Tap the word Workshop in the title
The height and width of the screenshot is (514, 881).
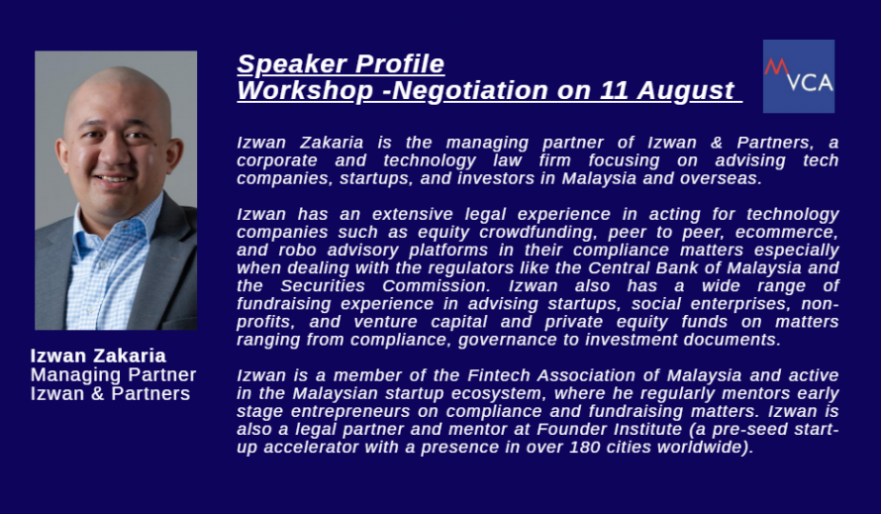coord(305,90)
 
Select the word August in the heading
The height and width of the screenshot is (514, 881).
coord(685,91)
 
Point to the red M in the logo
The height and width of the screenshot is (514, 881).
coord(776,67)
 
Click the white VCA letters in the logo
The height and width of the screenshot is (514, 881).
coord(810,83)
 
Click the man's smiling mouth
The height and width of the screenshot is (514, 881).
coord(114,179)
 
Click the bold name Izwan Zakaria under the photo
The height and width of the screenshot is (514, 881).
coord(98,356)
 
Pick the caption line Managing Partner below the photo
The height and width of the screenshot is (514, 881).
coord(114,374)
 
